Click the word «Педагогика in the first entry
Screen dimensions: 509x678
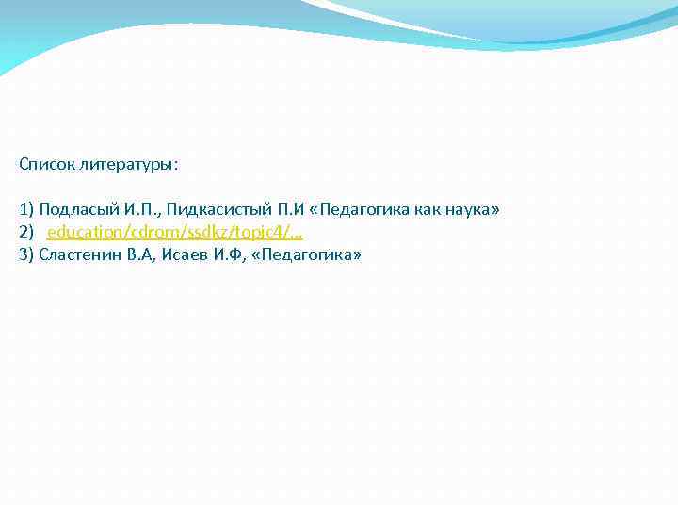pos(355,209)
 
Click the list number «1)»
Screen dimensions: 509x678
pos(26,209)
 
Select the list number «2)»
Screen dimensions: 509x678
pos(26,232)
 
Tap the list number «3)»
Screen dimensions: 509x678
pos(26,254)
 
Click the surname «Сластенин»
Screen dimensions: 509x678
pos(80,254)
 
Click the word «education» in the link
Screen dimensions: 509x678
pos(82,232)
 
